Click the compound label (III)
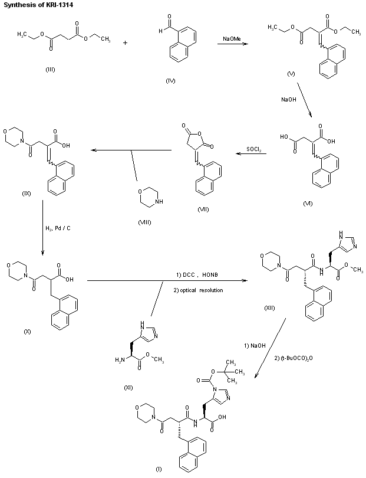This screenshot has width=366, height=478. (x=51, y=70)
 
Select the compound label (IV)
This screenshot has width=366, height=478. (x=171, y=80)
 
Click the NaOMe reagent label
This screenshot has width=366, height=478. (x=231, y=39)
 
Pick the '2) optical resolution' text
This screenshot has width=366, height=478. (x=199, y=290)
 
